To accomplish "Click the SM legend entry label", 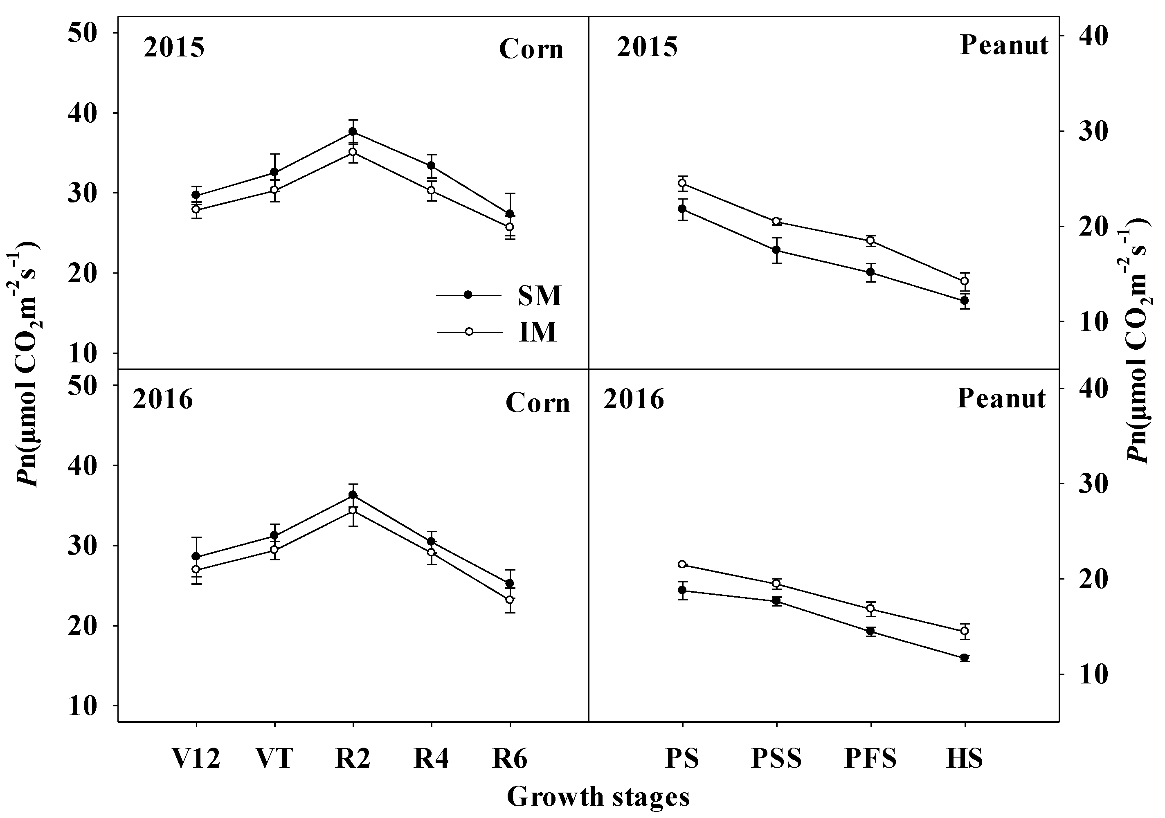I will coord(540,296).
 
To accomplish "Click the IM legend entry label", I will coord(538,333).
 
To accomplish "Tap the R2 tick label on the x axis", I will coord(353,759).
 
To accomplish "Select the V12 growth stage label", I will coord(196,759).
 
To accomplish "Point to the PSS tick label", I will coord(776,759).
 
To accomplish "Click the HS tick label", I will coord(965,759).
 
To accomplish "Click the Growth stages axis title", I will coord(598,796).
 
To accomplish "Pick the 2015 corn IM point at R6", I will coord(509,227).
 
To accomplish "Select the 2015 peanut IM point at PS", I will coord(682,183).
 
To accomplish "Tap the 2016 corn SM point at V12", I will coord(196,556).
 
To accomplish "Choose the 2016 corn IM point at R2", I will coord(353,510).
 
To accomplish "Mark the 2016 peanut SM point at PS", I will coord(682,590).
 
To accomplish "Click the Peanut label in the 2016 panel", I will coord(1001,398).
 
